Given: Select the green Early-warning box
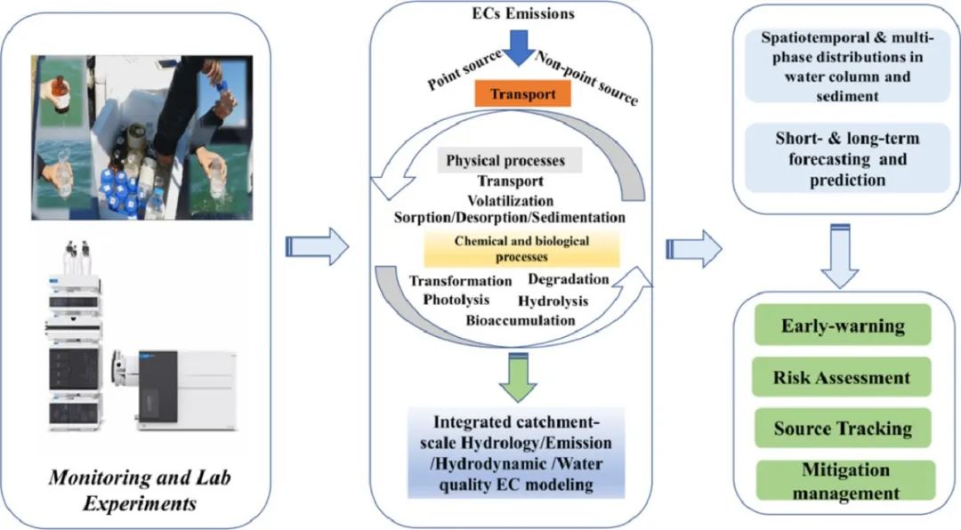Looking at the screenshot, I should pyautogui.click(x=842, y=325).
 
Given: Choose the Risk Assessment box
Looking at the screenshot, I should pyautogui.click(x=842, y=377).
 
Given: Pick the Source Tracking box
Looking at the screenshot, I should pyautogui.click(x=842, y=429).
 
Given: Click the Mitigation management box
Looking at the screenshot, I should pyautogui.click(x=842, y=481).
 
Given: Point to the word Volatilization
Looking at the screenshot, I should pyautogui.click(x=510, y=200).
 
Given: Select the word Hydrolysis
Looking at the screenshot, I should pyautogui.click(x=555, y=301).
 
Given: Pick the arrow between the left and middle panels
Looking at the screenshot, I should pyautogui.click(x=316, y=246).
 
